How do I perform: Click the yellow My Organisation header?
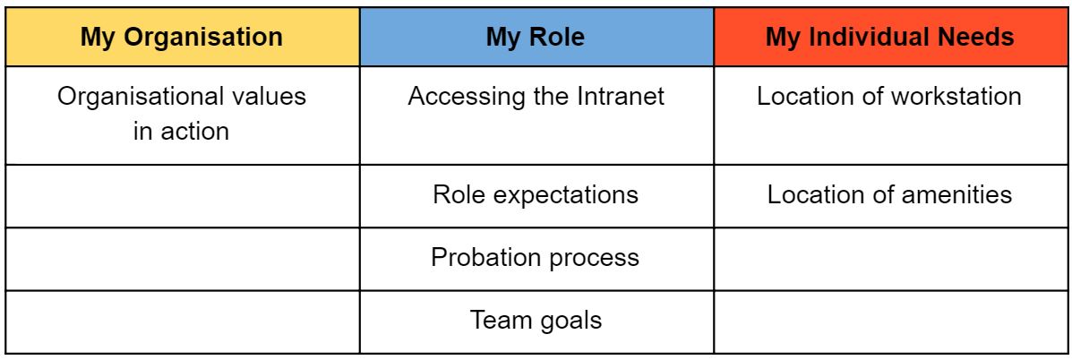(183, 37)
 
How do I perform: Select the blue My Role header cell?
(536, 37)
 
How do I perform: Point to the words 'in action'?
(181, 131)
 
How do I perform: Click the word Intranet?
(621, 96)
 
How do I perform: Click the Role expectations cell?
(536, 195)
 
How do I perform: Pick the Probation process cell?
(536, 258)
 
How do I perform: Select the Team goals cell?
(536, 321)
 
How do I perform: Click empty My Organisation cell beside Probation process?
(183, 258)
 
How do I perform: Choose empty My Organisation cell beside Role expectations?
(183, 195)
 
